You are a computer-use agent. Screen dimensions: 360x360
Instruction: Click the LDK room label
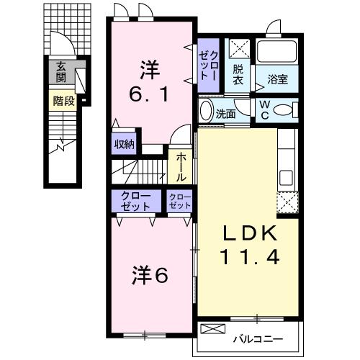tap(248, 233)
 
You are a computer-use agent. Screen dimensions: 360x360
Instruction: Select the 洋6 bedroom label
tap(150, 274)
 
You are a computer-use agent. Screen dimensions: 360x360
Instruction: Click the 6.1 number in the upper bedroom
tap(150, 94)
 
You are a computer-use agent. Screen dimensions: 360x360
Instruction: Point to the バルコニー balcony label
tap(257, 337)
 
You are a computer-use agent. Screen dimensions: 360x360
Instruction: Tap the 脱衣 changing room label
tap(238, 76)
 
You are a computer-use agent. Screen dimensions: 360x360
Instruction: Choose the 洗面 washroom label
tap(225, 112)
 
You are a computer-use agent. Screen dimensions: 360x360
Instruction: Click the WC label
tap(265, 110)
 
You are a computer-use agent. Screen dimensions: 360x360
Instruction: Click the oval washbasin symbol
tap(206, 112)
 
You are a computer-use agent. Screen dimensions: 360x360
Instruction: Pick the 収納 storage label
tap(124, 144)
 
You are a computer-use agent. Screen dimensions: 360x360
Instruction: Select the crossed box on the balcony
tap(212, 330)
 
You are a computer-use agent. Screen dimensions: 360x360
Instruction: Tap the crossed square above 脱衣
tap(239, 50)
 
